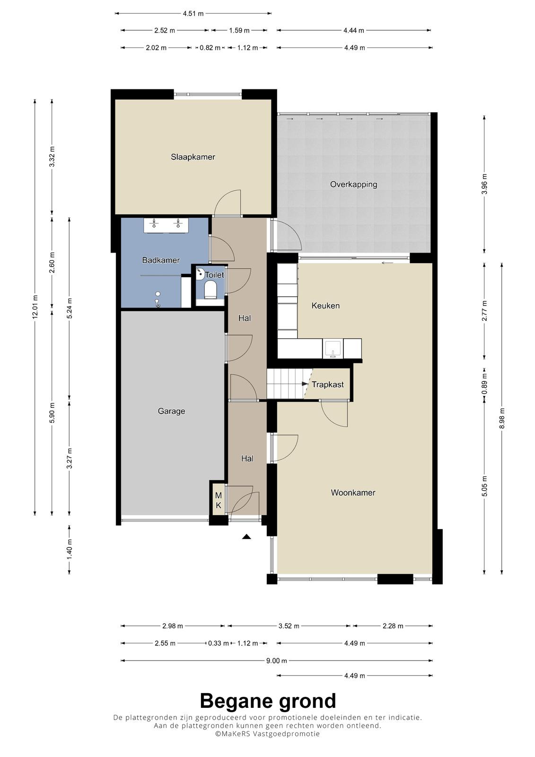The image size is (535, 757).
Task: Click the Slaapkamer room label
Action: point(193,157)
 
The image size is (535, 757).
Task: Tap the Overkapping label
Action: point(353,185)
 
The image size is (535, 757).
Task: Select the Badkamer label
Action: point(160,260)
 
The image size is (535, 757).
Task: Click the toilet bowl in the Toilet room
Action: point(210,290)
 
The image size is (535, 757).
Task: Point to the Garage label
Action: point(171,411)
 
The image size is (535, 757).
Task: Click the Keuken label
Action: point(325,306)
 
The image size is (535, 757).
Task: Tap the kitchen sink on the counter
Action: point(333,349)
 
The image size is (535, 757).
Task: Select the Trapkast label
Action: point(327,385)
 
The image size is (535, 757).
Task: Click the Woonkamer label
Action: point(353,493)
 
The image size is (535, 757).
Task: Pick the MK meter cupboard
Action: point(219,501)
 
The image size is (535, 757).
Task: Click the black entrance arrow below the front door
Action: point(246,537)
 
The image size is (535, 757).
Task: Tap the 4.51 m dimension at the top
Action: point(193,14)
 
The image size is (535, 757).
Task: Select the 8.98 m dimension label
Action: point(502,418)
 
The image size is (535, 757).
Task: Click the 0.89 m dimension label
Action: point(485,384)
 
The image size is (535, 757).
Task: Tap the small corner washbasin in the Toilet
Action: point(200,273)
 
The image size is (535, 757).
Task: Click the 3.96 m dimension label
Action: point(485,184)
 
